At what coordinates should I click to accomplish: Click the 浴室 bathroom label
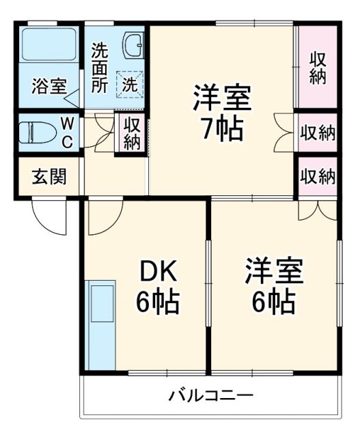[49, 87]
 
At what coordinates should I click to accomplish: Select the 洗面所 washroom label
[100, 67]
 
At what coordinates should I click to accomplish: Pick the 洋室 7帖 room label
[221, 111]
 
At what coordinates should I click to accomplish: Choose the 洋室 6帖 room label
[275, 283]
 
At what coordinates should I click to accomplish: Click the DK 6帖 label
[158, 287]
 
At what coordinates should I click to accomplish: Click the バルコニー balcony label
[211, 395]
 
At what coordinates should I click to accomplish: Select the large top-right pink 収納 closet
[317, 67]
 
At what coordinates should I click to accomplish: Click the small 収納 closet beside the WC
[132, 132]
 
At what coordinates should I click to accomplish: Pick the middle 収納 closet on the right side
[318, 132]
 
